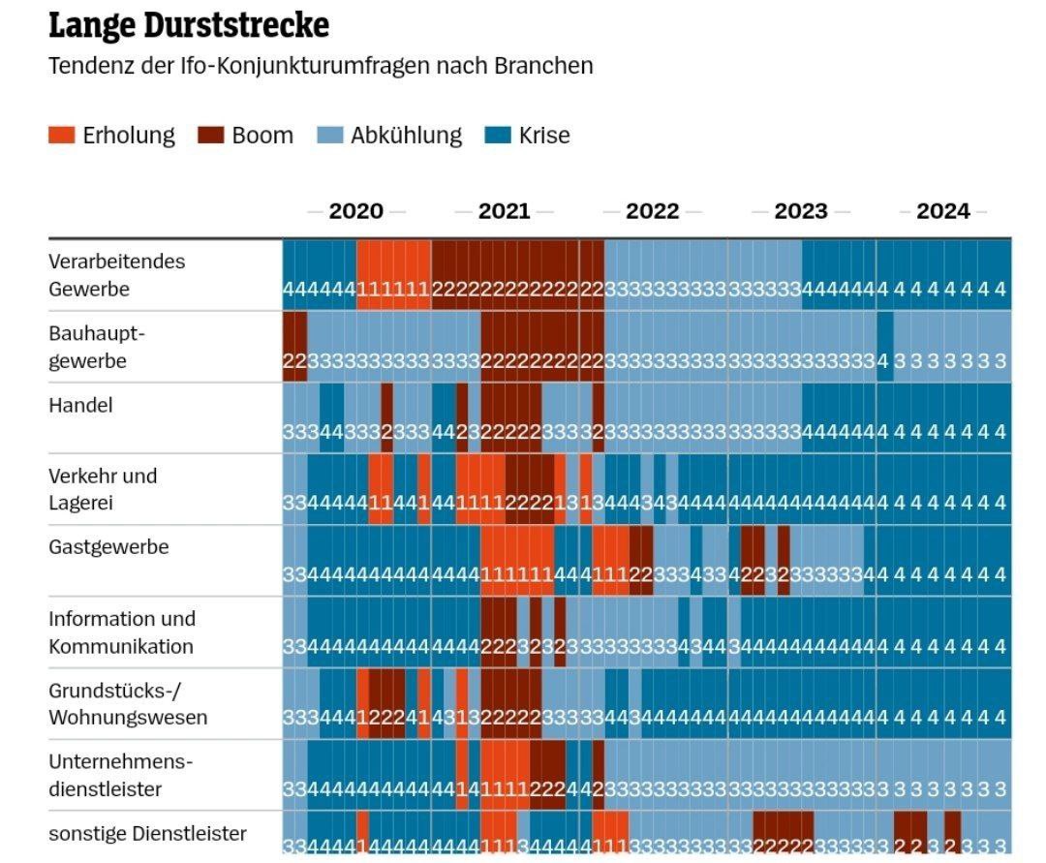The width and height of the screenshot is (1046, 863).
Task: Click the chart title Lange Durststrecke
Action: [x=189, y=26]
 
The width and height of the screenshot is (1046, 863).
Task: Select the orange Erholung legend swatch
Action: [x=61, y=136]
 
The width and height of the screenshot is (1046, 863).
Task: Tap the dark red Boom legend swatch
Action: [x=210, y=136]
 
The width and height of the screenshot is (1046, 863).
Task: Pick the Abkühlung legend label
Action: [x=406, y=136]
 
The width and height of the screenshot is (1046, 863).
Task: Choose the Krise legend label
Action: [x=544, y=136]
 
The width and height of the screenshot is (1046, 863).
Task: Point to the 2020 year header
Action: [x=355, y=211]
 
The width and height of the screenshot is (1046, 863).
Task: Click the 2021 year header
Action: [x=504, y=211]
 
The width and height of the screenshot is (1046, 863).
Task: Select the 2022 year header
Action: [x=652, y=211]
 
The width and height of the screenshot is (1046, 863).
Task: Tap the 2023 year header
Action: [x=800, y=211]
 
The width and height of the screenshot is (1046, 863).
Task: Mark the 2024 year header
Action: [x=942, y=211]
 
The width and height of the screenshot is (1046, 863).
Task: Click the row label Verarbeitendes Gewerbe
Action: [x=116, y=275]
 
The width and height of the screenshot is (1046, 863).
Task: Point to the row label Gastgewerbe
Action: [x=108, y=547]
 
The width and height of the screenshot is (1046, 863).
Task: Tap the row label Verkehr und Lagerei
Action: [x=103, y=490]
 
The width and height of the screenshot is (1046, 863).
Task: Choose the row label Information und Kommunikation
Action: [x=122, y=632]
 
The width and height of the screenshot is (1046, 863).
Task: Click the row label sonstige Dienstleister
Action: [x=147, y=834]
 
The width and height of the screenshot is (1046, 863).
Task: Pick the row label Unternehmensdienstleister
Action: [x=121, y=775]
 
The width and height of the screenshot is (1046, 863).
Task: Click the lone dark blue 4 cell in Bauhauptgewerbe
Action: [x=883, y=347]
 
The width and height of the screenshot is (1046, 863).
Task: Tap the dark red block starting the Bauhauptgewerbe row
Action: [x=294, y=347]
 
